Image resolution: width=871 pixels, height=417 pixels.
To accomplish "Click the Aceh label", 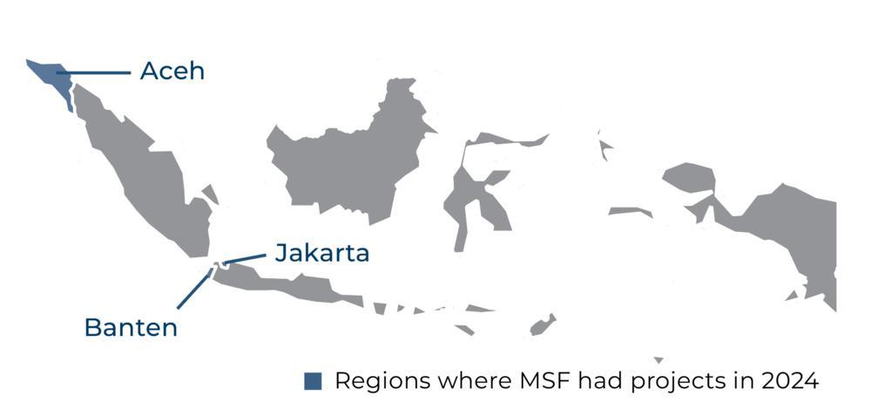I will click(x=172, y=71).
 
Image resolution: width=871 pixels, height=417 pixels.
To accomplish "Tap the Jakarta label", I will click(x=322, y=253).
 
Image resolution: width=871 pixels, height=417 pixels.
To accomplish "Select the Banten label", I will click(x=131, y=327).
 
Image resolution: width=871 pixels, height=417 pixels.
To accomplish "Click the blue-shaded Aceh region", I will click(x=47, y=73).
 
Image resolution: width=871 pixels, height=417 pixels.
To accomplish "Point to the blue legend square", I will click(x=313, y=381).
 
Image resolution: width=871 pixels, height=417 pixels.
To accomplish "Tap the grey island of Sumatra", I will click(x=148, y=174).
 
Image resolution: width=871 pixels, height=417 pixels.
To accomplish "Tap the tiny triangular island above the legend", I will click(x=658, y=359).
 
